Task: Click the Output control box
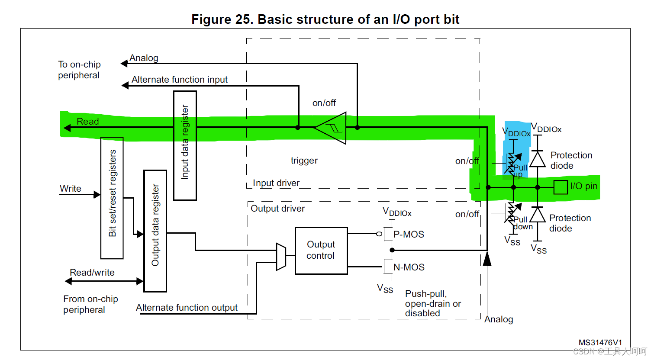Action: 321,251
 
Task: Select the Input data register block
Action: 185,145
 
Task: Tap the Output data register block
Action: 155,231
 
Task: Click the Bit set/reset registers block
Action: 112,198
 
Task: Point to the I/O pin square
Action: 561,187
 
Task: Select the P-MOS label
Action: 409,234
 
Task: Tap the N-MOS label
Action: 409,267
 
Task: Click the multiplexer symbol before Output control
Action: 281,256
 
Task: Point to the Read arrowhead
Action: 67,128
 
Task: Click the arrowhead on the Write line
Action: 97,194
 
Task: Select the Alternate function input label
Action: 179,80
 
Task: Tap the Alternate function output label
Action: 187,308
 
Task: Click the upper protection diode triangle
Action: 538,159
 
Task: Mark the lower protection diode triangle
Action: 538,215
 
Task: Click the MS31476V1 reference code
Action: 600,343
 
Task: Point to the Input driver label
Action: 276,183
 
